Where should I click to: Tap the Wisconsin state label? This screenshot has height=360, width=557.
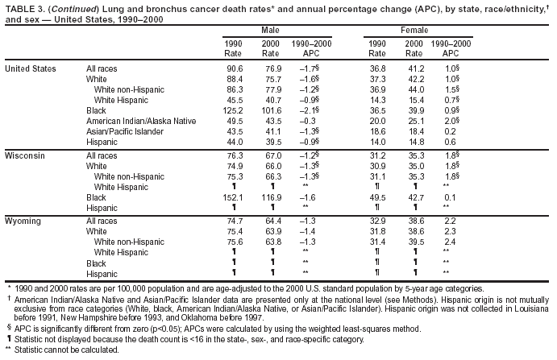click(x=23, y=153)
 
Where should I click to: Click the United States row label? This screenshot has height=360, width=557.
click(x=31, y=68)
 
